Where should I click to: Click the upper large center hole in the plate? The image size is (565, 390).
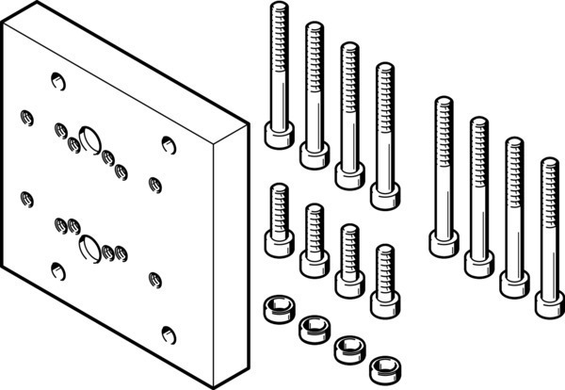[90, 138]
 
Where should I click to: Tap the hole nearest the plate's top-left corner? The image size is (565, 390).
[57, 80]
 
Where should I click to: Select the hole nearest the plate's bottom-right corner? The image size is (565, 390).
[168, 334]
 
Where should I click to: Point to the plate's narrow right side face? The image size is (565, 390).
[232, 254]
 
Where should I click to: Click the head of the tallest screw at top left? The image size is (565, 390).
[278, 137]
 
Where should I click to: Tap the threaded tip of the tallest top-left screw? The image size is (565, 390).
[278, 11]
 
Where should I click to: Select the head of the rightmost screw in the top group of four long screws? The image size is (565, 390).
[383, 196]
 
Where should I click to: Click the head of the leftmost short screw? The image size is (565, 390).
[278, 245]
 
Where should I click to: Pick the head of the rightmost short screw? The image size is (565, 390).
[383, 303]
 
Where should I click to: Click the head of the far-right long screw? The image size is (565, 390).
[550, 303]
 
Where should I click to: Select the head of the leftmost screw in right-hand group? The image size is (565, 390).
[444, 242]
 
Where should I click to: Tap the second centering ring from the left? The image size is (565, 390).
[312, 327]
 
